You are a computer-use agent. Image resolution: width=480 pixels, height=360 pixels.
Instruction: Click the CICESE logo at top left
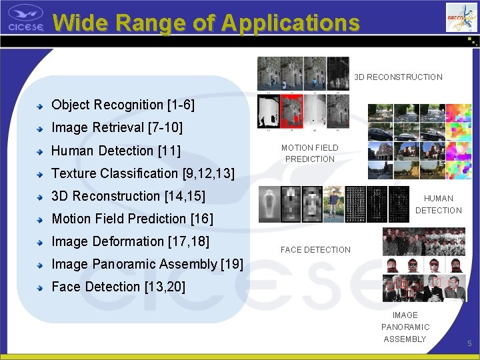click(x=25, y=17)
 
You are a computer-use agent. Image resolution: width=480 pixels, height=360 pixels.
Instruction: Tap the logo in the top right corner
click(x=461, y=17)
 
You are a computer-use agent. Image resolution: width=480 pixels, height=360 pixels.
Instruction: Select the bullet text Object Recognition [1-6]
click(x=123, y=105)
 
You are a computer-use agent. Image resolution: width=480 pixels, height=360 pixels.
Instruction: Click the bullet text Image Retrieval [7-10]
click(x=117, y=127)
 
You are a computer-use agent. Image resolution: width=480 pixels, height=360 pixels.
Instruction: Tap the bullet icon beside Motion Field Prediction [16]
click(x=41, y=219)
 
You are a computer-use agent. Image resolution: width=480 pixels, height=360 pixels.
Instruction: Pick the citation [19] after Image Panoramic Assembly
click(x=231, y=264)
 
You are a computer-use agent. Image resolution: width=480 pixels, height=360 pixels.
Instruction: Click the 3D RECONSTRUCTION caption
click(x=398, y=77)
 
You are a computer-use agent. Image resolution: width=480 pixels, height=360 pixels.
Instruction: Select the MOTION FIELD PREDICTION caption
click(x=309, y=153)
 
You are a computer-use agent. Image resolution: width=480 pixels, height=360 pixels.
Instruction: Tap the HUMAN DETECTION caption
click(x=438, y=204)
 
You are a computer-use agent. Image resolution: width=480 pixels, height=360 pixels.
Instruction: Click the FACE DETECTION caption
click(x=315, y=250)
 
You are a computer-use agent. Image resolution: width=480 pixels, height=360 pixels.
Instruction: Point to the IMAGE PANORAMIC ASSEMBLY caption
click(x=405, y=327)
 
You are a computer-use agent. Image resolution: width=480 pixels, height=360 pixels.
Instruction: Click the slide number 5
click(x=469, y=343)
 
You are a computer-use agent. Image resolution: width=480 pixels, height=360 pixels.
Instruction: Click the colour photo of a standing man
click(x=334, y=203)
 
